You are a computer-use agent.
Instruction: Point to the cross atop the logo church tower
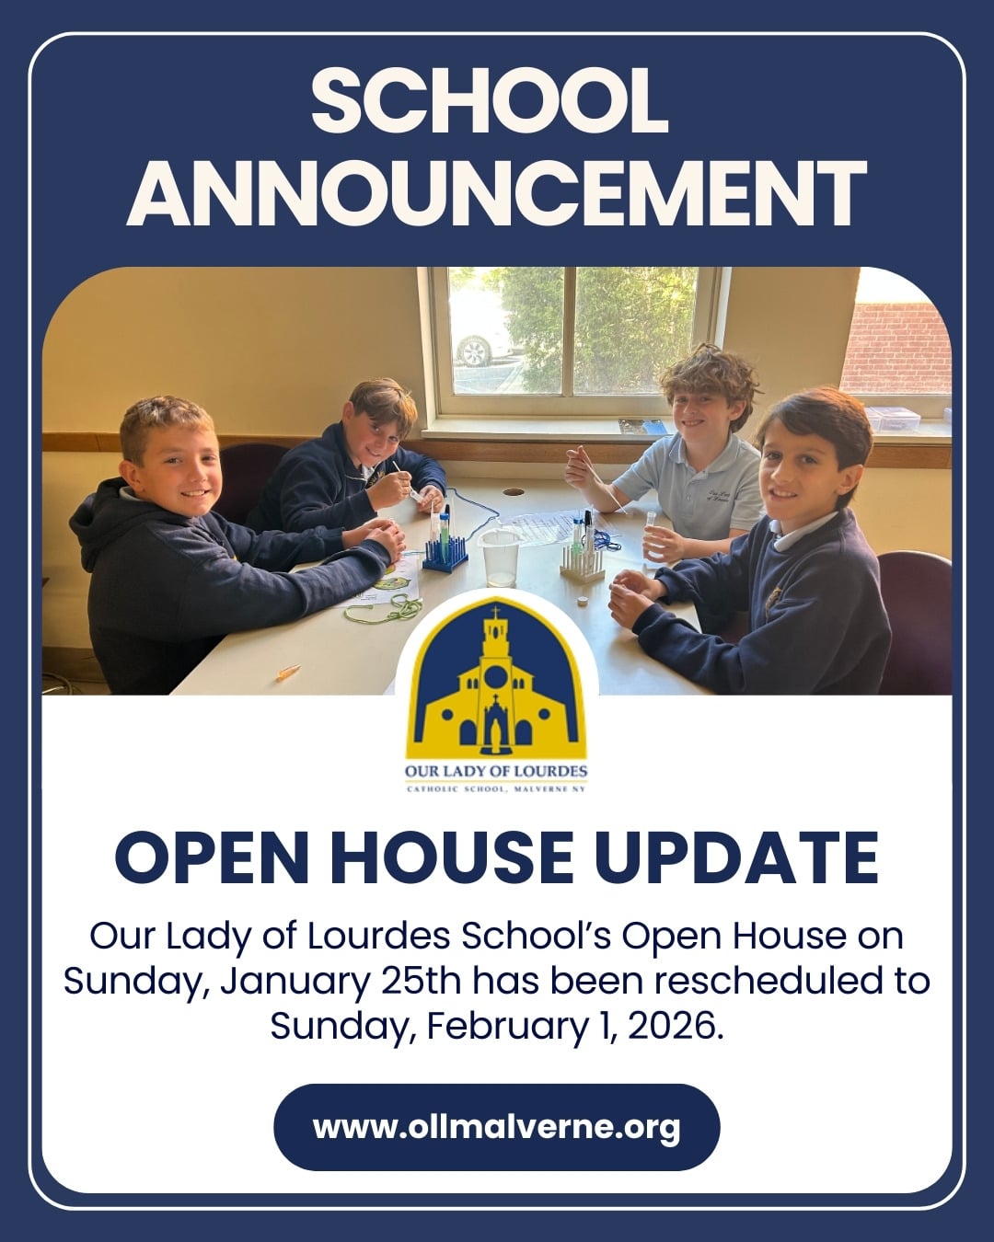(x=495, y=612)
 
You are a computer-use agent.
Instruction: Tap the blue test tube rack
(x=444, y=552)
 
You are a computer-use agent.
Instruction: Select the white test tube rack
(x=581, y=561)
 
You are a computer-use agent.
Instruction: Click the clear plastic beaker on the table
(x=499, y=557)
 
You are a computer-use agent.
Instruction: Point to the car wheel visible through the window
(x=472, y=351)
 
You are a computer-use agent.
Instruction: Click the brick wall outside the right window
(x=896, y=348)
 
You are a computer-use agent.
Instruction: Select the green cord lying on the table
(x=382, y=609)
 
